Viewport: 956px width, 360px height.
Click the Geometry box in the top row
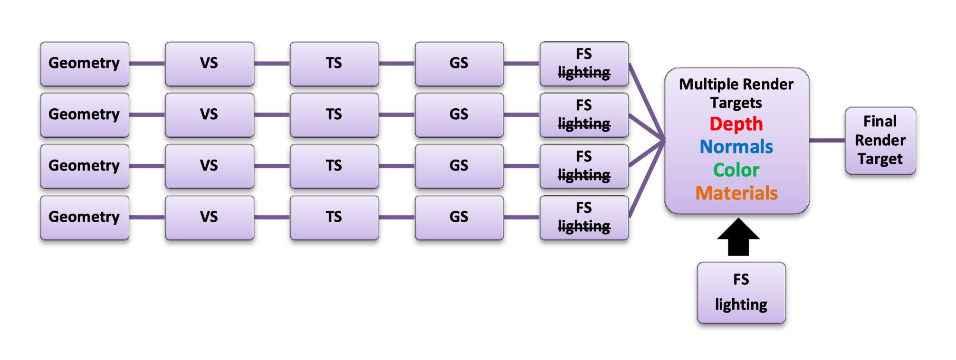[x=85, y=63]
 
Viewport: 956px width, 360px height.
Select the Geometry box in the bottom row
[x=85, y=217]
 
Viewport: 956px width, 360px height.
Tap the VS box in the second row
[x=209, y=114]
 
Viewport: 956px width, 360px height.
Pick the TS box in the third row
[x=334, y=166]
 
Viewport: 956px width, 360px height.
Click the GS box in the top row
[x=459, y=63]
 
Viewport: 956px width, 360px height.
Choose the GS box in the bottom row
[x=459, y=217]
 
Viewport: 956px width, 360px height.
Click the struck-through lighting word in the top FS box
[x=584, y=72]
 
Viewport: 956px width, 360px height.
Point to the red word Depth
[x=736, y=124]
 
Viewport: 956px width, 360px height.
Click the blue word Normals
[x=736, y=147]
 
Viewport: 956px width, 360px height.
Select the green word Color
[x=736, y=170]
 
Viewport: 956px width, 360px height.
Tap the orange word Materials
[x=736, y=193]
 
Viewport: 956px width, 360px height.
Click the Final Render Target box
[x=880, y=141]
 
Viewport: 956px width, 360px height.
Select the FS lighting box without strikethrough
[x=741, y=293]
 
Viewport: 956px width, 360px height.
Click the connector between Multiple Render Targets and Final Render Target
[x=827, y=141]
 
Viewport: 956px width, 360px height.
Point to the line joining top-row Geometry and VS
[x=147, y=63]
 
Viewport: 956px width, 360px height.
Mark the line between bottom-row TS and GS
[x=397, y=217]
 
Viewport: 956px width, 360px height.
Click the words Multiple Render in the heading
[x=736, y=85]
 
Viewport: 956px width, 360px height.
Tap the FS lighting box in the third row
[x=584, y=166]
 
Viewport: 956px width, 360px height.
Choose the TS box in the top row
[x=334, y=63]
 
